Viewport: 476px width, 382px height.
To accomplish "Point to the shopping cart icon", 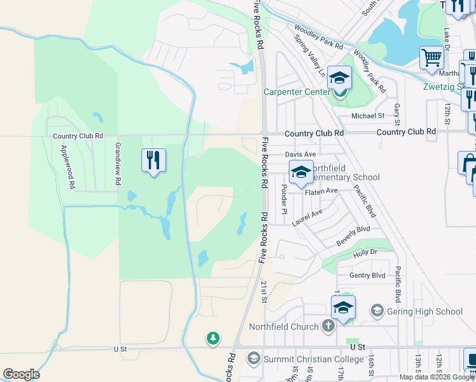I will click(432, 58).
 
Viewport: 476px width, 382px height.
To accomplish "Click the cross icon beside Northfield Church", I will click(328, 327).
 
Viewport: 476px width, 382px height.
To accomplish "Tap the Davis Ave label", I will click(300, 155).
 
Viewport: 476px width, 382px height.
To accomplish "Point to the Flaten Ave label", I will click(321, 191).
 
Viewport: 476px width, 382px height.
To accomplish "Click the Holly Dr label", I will click(365, 253).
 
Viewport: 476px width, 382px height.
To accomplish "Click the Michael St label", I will click(368, 116).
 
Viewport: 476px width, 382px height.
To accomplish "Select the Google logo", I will click(21, 374).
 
